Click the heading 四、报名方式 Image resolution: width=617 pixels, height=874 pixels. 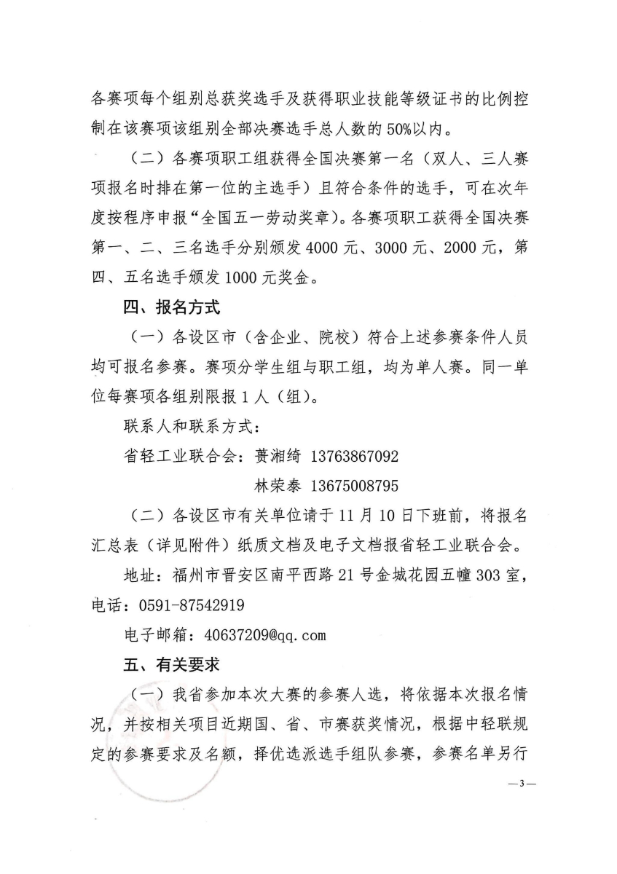pyautogui.click(x=171, y=307)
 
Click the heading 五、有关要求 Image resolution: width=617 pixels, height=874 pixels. pyautogui.click(x=171, y=664)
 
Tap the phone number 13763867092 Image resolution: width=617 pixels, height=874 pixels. pyautogui.click(x=355, y=457)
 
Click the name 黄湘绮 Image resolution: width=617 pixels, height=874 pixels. pyautogui.click(x=279, y=457)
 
